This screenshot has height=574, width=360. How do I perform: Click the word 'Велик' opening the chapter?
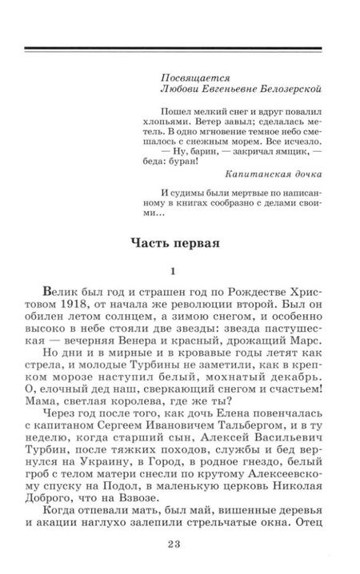click(54, 294)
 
